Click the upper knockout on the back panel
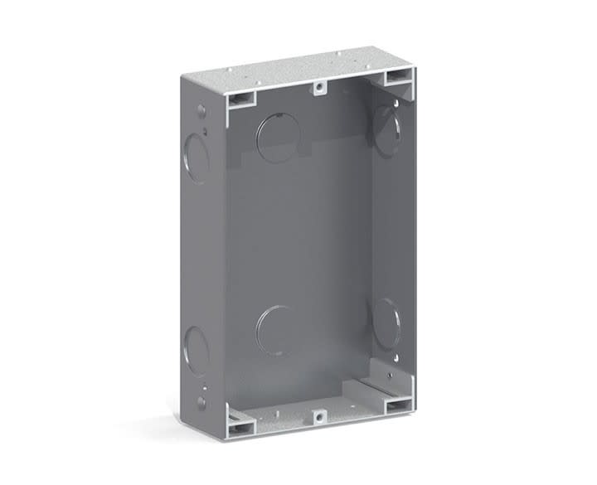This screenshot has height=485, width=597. pos(278,137)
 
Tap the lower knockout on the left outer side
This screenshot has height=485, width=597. pos(196,351)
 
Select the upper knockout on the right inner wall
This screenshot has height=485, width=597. pos(386,131)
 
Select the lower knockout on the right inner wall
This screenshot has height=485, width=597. pos(386,323)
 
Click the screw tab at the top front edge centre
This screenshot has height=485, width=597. pos(318,86)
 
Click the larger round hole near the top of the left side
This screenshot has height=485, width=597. pos(201,109)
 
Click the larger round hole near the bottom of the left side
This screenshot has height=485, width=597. pos(201,402)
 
